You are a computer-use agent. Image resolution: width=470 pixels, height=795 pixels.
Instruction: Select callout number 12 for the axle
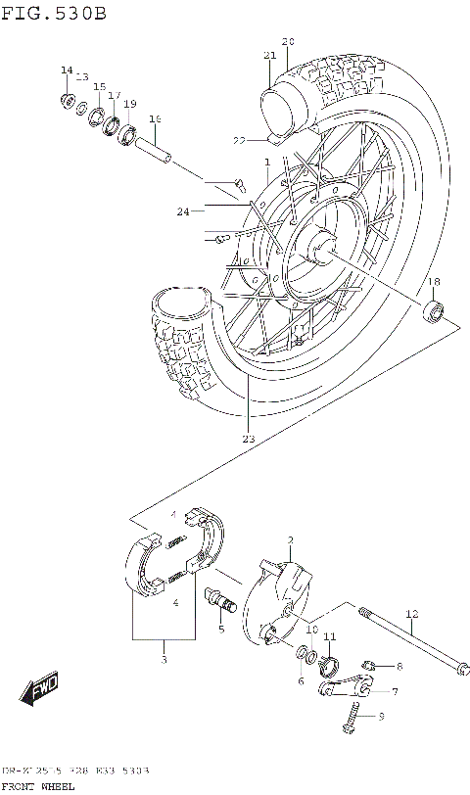(x=412, y=614)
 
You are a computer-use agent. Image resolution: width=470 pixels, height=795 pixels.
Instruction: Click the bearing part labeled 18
(x=433, y=312)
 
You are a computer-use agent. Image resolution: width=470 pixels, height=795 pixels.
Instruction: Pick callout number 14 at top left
(x=67, y=70)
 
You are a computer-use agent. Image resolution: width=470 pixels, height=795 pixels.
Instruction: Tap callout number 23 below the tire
(x=248, y=439)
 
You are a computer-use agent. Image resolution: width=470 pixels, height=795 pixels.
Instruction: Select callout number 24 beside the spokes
(x=183, y=210)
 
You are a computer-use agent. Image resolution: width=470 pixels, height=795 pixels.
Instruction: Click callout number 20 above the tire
(x=287, y=41)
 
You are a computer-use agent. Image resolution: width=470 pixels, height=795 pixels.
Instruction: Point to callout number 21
(x=269, y=56)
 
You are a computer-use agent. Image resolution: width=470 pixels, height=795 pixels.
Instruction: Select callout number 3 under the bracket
(x=164, y=660)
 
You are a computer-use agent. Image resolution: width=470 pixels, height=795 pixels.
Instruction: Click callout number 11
(x=330, y=636)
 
